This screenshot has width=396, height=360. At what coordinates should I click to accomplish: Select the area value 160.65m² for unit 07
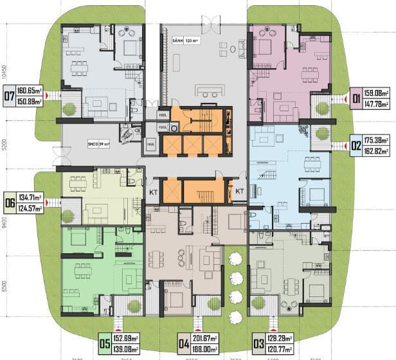(29, 91)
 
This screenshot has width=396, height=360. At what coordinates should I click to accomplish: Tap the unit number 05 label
(104, 342)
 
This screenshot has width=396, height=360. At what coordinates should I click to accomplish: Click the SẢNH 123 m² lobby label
(186, 40)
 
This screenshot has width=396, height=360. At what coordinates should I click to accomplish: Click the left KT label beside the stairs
(154, 192)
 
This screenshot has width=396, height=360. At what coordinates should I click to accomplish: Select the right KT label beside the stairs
(239, 192)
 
